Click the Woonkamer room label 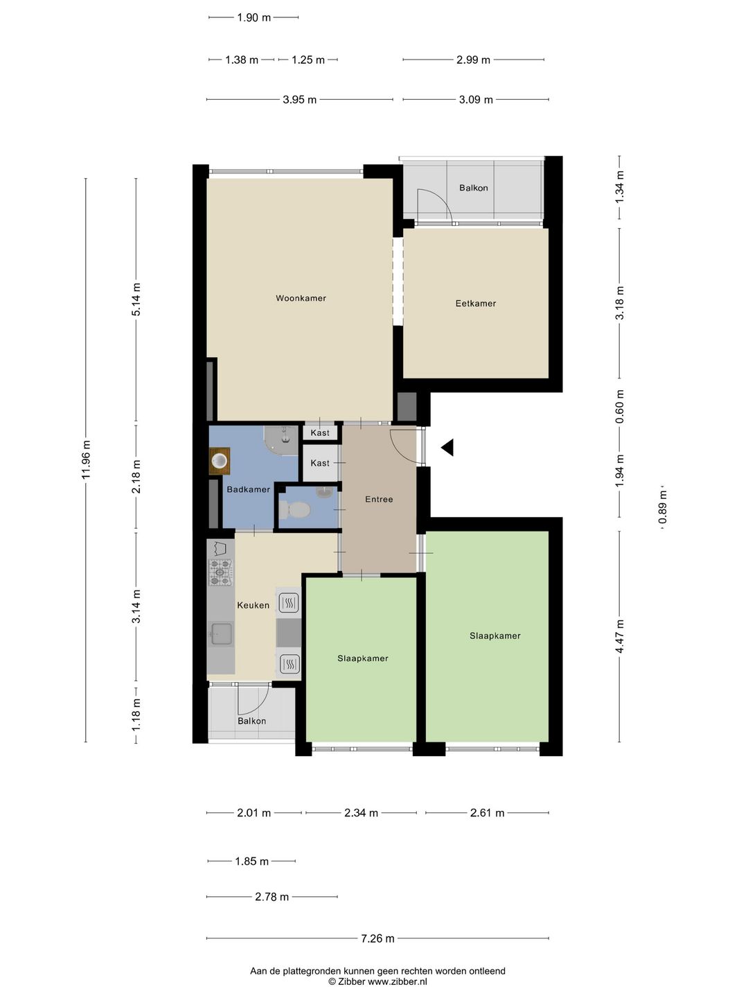[x=301, y=298]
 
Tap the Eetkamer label [x=476, y=304]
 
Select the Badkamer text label [x=249, y=489]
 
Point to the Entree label [x=379, y=499]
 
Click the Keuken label [x=253, y=605]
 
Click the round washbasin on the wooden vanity [x=220, y=461]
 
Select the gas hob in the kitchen [x=221, y=572]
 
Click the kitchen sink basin [x=222, y=634]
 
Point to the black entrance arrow [x=448, y=448]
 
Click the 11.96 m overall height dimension [x=86, y=459]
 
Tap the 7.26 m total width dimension [x=378, y=938]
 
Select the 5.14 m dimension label [x=136, y=299]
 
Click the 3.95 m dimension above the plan [x=299, y=100]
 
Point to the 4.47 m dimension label [x=619, y=636]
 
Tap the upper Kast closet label [x=320, y=432]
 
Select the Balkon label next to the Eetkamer [x=473, y=188]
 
